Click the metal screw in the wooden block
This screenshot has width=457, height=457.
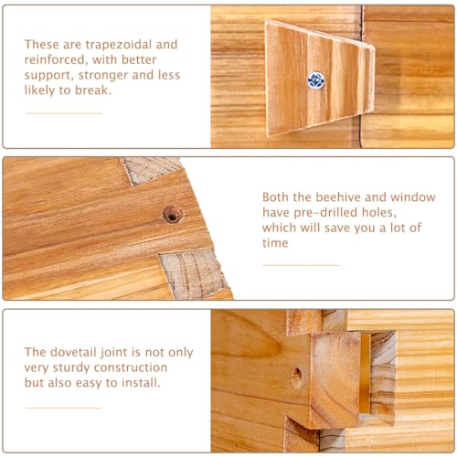(316, 80)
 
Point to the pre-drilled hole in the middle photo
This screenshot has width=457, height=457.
(172, 214)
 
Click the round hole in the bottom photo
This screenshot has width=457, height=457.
(296, 376)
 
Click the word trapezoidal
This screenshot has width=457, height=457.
(135, 44)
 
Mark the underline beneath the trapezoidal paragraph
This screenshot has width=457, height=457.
(63, 113)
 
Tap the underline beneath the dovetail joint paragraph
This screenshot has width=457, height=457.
(63, 408)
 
